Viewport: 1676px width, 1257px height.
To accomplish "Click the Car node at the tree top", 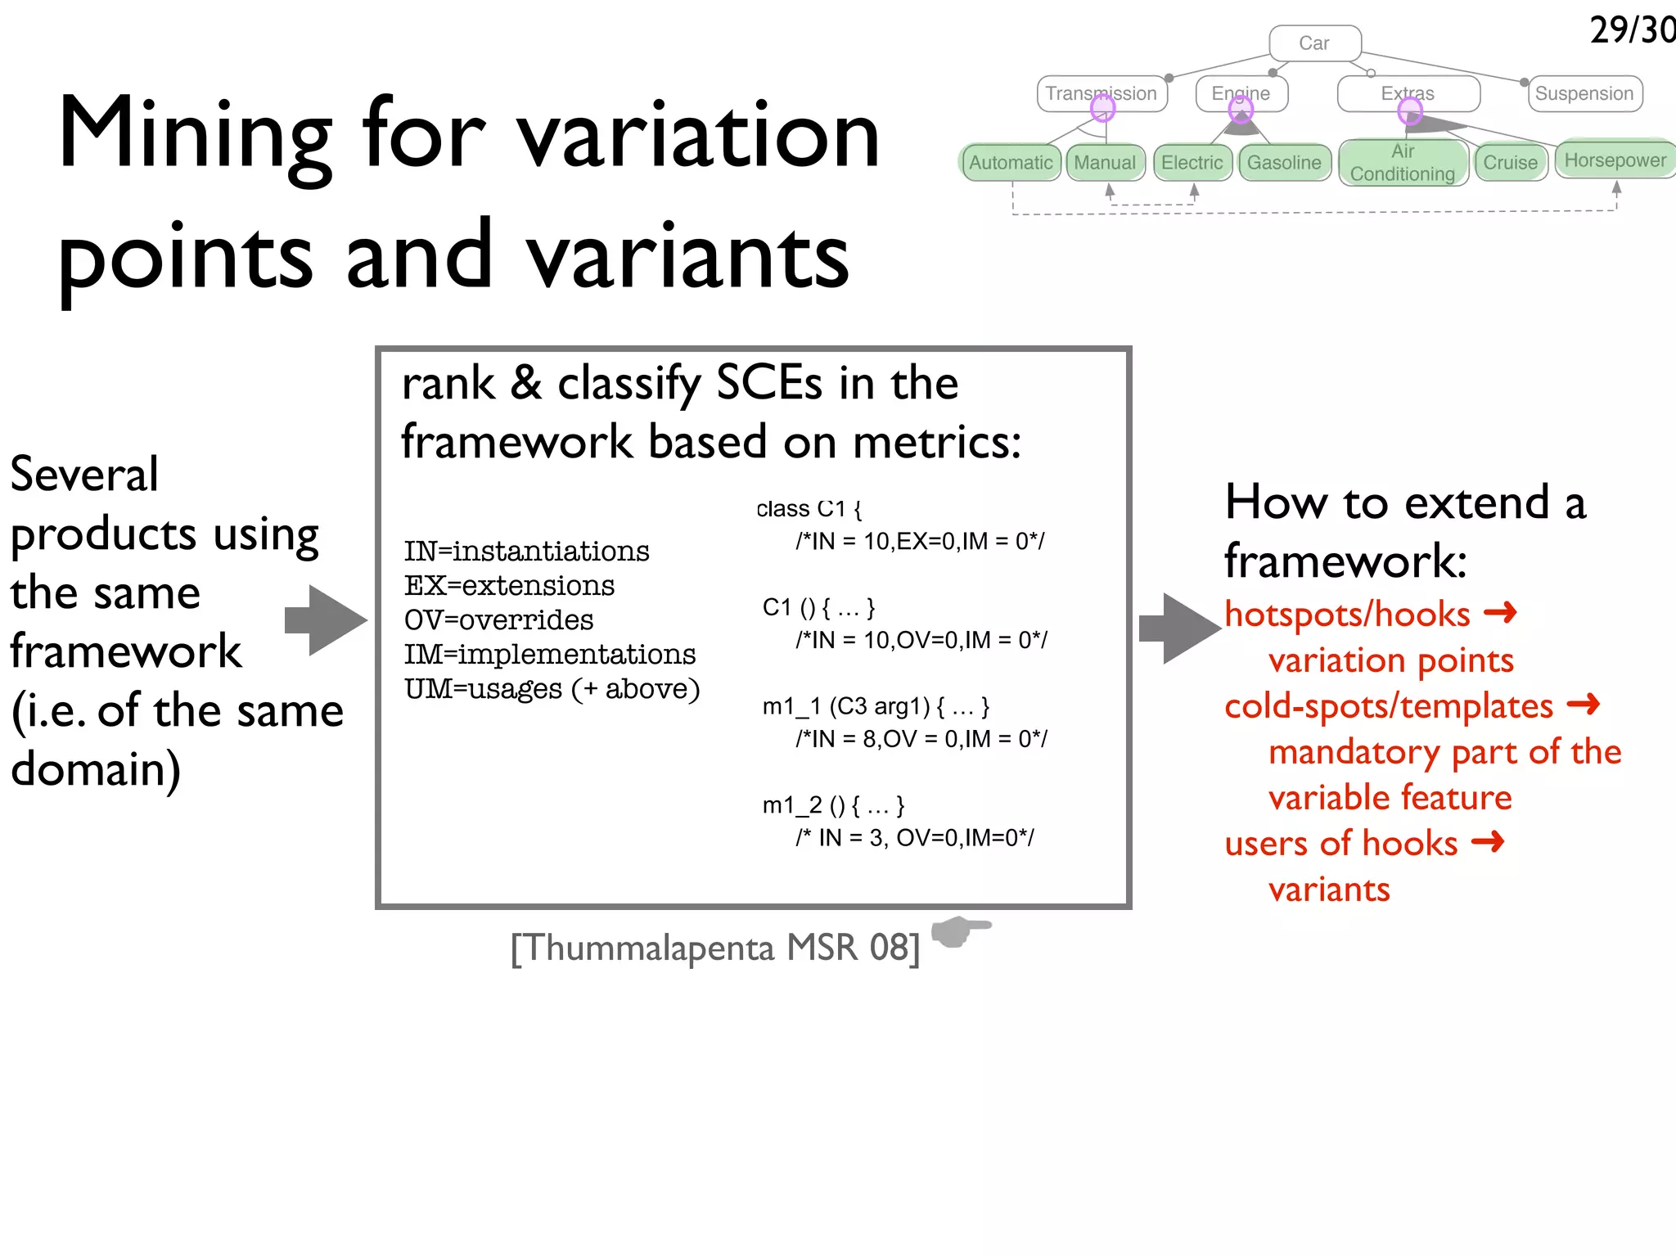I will click(1314, 43).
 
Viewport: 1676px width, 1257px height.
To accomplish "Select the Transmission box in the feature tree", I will click(1101, 93).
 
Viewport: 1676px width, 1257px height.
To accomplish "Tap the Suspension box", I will click(1584, 93).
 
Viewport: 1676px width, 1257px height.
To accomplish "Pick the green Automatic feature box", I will click(1011, 163).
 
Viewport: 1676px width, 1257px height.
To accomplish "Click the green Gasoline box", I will click(1284, 163).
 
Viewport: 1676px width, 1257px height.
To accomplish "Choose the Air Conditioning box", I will click(1403, 163).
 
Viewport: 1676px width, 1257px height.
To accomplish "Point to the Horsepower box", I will click(1615, 160).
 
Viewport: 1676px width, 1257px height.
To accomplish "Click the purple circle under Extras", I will click(1410, 110).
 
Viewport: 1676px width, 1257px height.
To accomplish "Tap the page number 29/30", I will click(1631, 30).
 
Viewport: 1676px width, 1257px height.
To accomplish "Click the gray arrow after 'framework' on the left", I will click(326, 619).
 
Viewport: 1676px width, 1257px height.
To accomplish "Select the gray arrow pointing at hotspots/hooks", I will click(1179, 628).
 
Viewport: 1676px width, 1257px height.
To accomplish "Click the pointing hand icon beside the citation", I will click(960, 930).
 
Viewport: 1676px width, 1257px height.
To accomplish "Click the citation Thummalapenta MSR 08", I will click(715, 948).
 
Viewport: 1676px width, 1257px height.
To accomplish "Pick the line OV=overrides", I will click(498, 620).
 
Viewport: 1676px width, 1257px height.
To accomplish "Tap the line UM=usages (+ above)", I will click(552, 689).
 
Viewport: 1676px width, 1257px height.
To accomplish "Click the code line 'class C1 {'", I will click(809, 509).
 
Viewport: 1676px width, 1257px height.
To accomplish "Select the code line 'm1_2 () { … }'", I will click(833, 805).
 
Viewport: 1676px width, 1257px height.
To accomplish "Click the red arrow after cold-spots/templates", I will click(1583, 704).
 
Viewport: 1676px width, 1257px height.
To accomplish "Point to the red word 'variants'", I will click(1329, 890).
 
